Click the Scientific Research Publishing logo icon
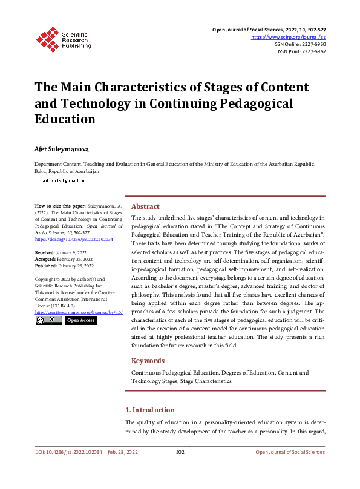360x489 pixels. point(46,38)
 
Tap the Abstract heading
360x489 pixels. point(145,206)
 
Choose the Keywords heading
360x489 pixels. point(148,361)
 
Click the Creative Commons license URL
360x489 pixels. point(79,312)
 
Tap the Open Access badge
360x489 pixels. point(80,320)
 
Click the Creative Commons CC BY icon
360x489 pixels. point(48,320)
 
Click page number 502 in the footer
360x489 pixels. point(180,452)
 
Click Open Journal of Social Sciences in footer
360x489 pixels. point(290,452)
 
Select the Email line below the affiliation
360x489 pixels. point(60,180)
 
